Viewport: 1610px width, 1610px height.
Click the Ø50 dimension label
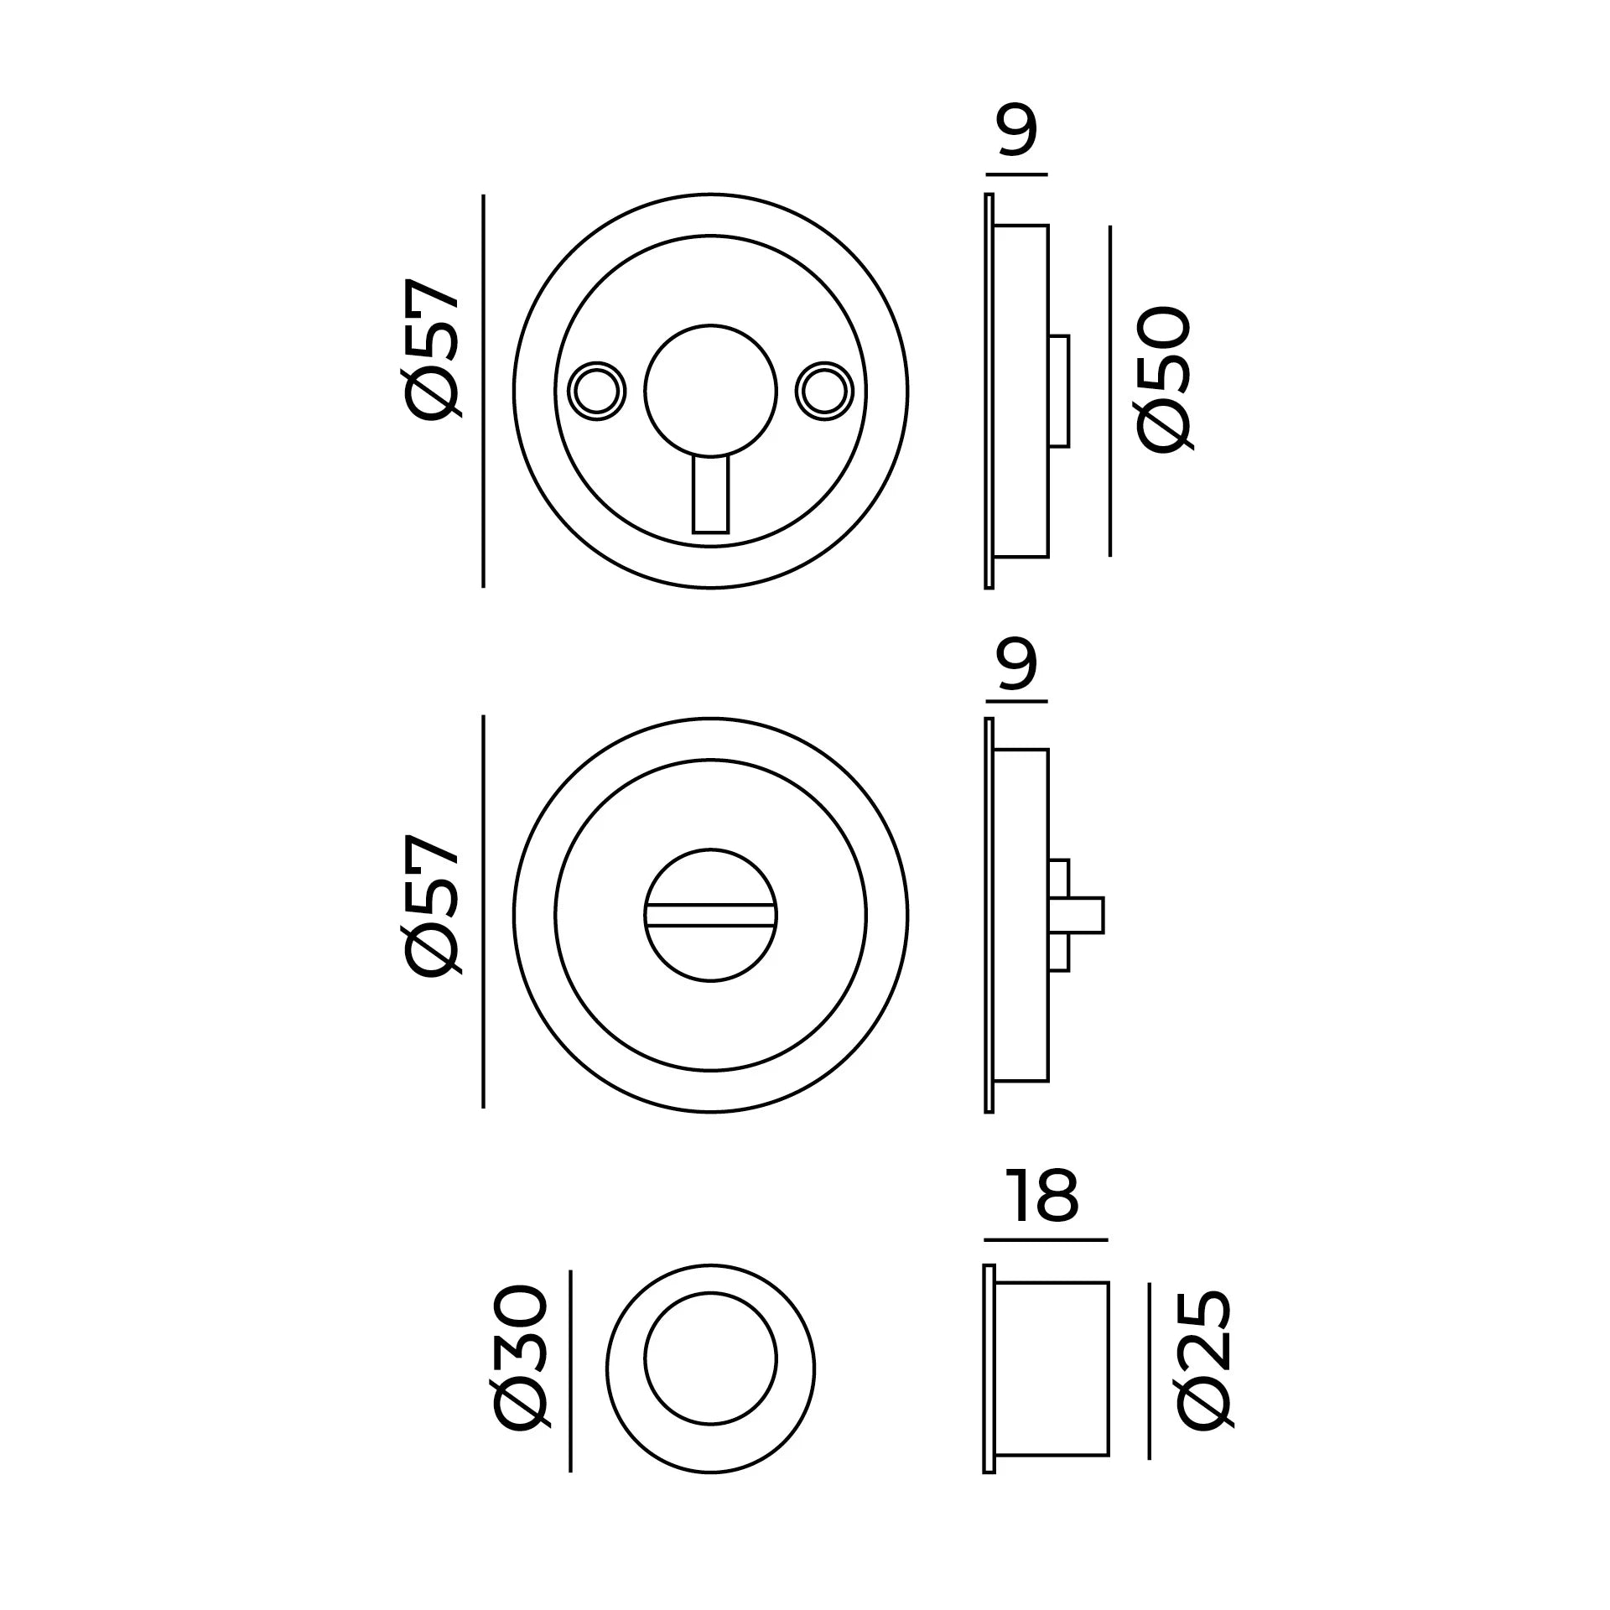[1163, 379]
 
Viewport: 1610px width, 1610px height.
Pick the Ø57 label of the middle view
[433, 904]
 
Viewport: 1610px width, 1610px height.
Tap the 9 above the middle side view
[1017, 663]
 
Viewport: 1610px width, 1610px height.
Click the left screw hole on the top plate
[597, 392]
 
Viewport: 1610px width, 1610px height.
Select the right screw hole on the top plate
[824, 392]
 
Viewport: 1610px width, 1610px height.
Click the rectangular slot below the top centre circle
[710, 495]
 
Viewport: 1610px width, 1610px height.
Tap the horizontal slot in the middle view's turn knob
[710, 915]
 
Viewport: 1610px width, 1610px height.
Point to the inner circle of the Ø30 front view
[710, 1358]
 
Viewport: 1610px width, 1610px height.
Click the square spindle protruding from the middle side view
[1085, 915]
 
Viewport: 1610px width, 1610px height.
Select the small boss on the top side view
[1059, 392]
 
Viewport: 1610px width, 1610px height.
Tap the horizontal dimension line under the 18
[1045, 1239]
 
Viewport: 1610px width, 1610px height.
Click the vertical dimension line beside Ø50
[1110, 391]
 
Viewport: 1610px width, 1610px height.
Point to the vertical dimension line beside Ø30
[570, 1370]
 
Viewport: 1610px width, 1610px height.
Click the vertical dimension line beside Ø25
[1149, 1370]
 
